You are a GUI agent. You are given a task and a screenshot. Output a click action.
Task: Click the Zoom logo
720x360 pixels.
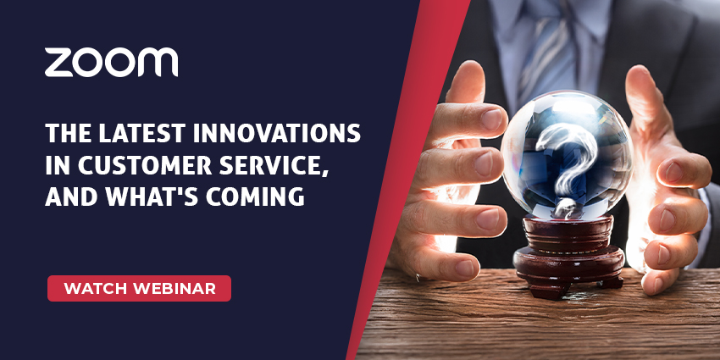click(111, 62)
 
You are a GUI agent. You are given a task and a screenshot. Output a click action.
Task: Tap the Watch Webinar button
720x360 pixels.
click(139, 288)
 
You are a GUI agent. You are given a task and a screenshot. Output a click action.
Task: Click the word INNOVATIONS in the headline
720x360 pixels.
click(276, 134)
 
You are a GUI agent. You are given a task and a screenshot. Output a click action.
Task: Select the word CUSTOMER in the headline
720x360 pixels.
click(145, 165)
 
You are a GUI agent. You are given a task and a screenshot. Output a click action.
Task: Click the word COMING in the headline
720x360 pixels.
click(255, 197)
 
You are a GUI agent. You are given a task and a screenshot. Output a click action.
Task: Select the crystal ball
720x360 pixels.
click(567, 154)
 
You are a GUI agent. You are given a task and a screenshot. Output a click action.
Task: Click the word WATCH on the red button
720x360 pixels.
click(96, 289)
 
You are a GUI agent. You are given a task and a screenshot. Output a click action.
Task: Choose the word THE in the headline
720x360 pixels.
click(67, 134)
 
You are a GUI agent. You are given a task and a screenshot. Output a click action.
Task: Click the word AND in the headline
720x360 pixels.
click(73, 197)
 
